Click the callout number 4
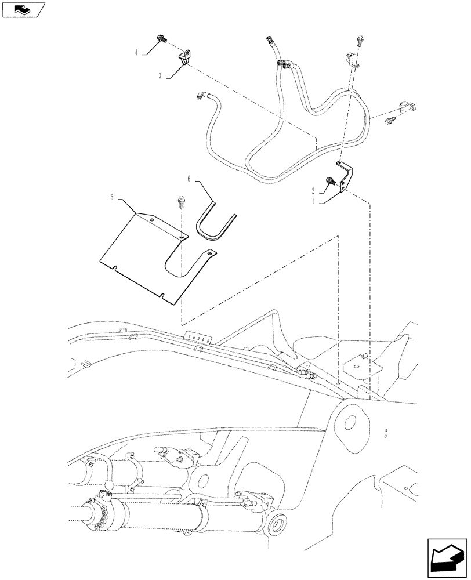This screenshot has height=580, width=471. click(136, 52)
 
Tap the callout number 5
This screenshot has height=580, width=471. click(114, 197)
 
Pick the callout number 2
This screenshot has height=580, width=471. click(314, 190)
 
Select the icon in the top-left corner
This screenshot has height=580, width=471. click(24, 9)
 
